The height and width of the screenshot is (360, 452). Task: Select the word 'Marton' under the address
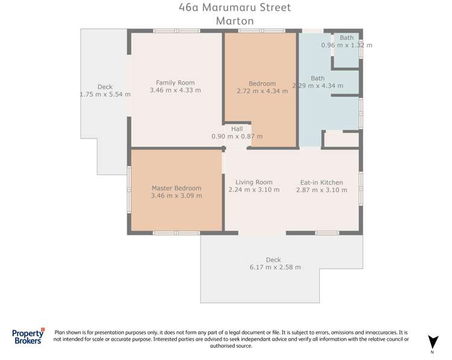234,21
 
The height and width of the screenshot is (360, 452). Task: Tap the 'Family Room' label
175,83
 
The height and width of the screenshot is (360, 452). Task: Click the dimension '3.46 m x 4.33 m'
175,90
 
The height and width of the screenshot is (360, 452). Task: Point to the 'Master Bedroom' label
176,188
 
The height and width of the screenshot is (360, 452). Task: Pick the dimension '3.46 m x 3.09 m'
176,195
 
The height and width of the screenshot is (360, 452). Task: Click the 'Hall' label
237,129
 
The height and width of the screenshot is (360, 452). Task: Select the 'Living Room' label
253,182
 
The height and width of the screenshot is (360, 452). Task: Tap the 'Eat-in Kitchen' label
321,182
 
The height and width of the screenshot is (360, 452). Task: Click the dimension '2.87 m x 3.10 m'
321,190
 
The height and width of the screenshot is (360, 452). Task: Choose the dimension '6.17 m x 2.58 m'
275,267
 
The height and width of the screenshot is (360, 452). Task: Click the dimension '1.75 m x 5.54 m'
105,94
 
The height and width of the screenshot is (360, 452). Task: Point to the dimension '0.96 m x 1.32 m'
346,45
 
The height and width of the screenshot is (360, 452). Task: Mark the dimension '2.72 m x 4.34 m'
262,91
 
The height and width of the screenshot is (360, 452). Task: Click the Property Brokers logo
28,336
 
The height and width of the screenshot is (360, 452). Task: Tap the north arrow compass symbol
432,342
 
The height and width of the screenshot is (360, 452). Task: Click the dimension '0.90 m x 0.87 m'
237,137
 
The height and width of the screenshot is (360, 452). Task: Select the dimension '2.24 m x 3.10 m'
253,190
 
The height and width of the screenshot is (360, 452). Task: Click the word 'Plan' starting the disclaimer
61,332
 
